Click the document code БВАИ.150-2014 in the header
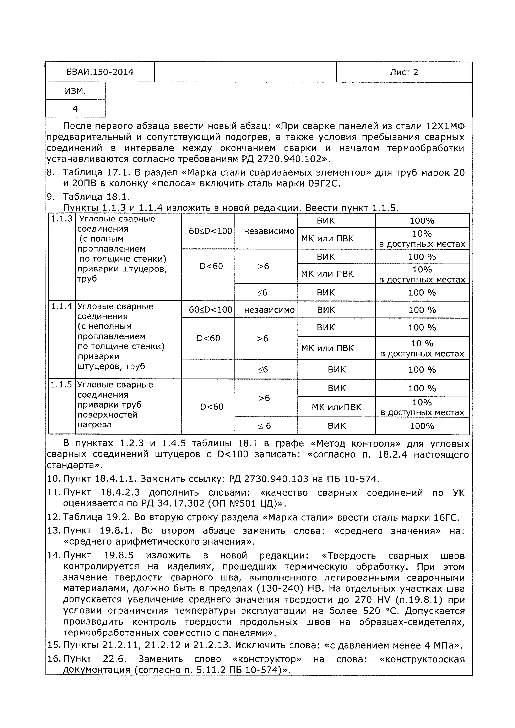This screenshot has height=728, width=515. (x=100, y=72)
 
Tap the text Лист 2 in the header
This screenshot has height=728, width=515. (x=404, y=72)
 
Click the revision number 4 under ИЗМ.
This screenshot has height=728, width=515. (x=75, y=109)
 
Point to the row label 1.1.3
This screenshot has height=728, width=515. (x=61, y=219)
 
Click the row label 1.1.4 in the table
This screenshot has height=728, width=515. (x=61, y=306)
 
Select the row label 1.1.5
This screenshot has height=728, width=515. (x=61, y=385)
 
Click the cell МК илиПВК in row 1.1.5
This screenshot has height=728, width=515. (x=336, y=407)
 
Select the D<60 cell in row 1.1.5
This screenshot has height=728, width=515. (x=211, y=407)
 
